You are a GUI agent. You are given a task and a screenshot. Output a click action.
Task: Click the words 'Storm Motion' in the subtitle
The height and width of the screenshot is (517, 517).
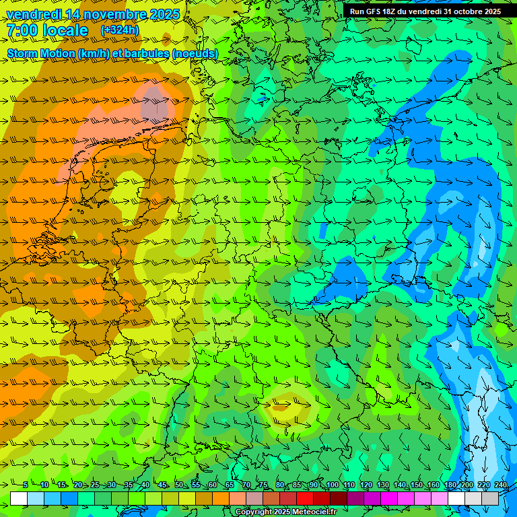click(x=41, y=53)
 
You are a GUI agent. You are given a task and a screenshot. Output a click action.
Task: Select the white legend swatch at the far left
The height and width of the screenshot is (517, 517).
click(x=19, y=498)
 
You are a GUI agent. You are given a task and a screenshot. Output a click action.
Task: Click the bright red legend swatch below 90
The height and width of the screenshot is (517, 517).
click(x=305, y=498)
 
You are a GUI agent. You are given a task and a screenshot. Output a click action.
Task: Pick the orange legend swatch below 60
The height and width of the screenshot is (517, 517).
click(x=221, y=498)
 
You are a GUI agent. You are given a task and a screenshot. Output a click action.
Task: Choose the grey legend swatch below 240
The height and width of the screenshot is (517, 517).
click(x=490, y=498)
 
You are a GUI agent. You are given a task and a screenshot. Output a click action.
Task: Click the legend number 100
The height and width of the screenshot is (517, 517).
click(x=333, y=485)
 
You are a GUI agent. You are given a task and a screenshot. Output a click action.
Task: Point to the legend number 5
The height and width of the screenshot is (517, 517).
click(x=26, y=485)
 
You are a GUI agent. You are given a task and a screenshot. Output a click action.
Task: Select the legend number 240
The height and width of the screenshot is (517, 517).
click(x=501, y=485)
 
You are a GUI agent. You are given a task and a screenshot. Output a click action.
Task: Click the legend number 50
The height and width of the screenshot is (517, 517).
click(x=179, y=485)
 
